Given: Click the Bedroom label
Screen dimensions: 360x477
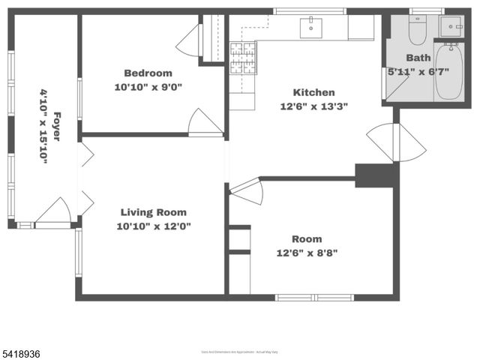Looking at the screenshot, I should (x=148, y=73).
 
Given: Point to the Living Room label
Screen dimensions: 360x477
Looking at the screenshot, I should (x=153, y=212).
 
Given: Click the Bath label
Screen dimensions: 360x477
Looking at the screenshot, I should (x=418, y=58).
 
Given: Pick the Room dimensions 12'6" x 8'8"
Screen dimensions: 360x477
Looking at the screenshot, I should (x=307, y=252).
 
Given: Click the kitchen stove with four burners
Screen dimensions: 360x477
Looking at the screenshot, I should (x=242, y=58).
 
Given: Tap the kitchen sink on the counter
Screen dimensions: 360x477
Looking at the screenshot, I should (x=310, y=28).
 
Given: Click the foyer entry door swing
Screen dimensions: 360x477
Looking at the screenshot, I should (x=55, y=211).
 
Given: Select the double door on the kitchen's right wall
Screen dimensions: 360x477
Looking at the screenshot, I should (x=396, y=142).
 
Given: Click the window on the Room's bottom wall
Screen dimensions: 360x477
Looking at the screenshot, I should (x=315, y=298).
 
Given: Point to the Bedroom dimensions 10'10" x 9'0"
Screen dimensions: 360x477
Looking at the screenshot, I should (x=148, y=87).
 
